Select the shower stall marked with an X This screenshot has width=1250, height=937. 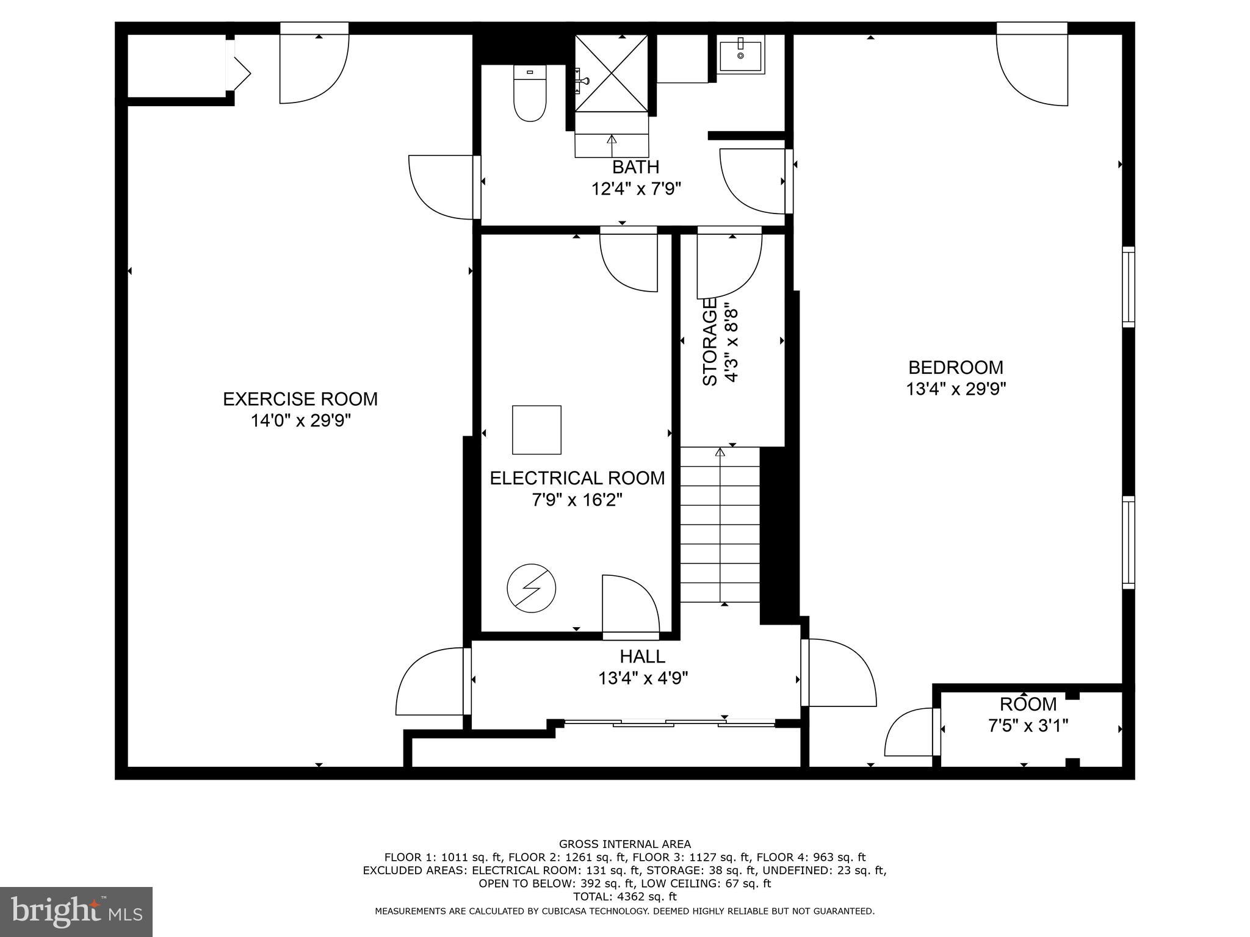(612, 73)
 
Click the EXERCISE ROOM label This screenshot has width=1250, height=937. (300, 399)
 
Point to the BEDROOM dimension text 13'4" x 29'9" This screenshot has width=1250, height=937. (955, 389)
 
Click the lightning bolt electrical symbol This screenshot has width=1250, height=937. (531, 588)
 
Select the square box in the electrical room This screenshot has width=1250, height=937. (536, 430)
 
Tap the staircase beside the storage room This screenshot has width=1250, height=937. (720, 525)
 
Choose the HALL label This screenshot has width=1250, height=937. (642, 657)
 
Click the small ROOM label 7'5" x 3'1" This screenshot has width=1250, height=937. (1028, 705)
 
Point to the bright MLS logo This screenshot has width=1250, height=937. (76, 911)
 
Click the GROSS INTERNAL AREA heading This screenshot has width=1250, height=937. (624, 844)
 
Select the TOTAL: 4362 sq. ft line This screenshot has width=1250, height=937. (624, 897)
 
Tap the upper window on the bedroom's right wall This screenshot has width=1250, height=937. (1129, 287)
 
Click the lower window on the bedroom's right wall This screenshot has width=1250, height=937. (1129, 542)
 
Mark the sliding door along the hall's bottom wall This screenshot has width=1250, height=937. (669, 723)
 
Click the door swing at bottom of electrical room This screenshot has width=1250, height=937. (630, 607)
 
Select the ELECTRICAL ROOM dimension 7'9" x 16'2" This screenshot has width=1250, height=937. (577, 500)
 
